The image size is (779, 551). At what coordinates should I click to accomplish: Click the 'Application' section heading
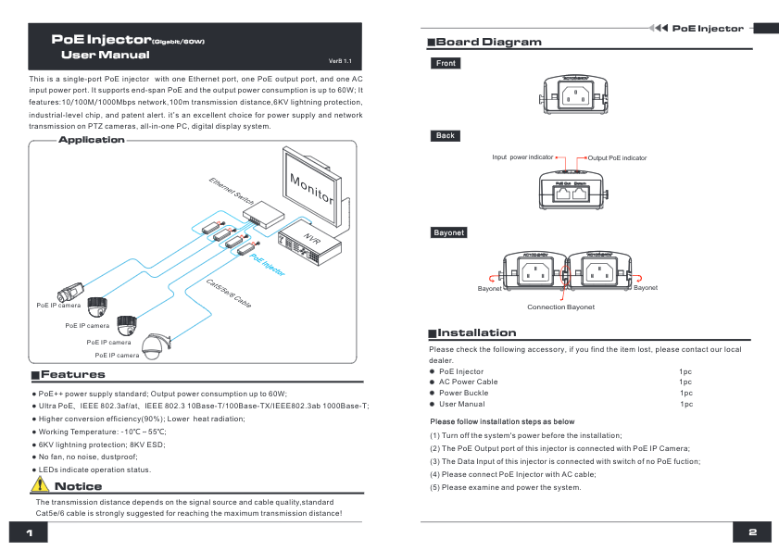[x=91, y=140]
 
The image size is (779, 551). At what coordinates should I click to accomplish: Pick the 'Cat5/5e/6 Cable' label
[x=228, y=292]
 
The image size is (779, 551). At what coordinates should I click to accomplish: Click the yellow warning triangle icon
[x=40, y=485]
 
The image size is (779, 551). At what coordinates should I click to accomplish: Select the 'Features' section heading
[x=72, y=375]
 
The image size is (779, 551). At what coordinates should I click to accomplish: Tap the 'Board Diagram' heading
[x=488, y=43]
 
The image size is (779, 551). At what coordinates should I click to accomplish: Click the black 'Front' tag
[x=446, y=64]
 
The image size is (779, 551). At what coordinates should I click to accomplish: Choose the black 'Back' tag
[x=446, y=136]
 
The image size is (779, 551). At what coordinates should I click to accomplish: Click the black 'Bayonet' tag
[x=448, y=232]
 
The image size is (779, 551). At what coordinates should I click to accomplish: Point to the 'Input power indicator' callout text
[x=522, y=157]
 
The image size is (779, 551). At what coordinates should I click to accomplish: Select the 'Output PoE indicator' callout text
[x=618, y=158]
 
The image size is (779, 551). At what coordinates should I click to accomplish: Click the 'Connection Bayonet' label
[x=560, y=307]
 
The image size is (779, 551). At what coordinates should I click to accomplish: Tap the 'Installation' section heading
[x=476, y=332]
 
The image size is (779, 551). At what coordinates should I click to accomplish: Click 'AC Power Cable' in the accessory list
[x=468, y=382]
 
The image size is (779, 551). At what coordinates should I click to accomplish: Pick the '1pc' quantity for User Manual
[x=685, y=404]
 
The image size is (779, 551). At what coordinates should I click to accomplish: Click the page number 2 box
[x=752, y=532]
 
